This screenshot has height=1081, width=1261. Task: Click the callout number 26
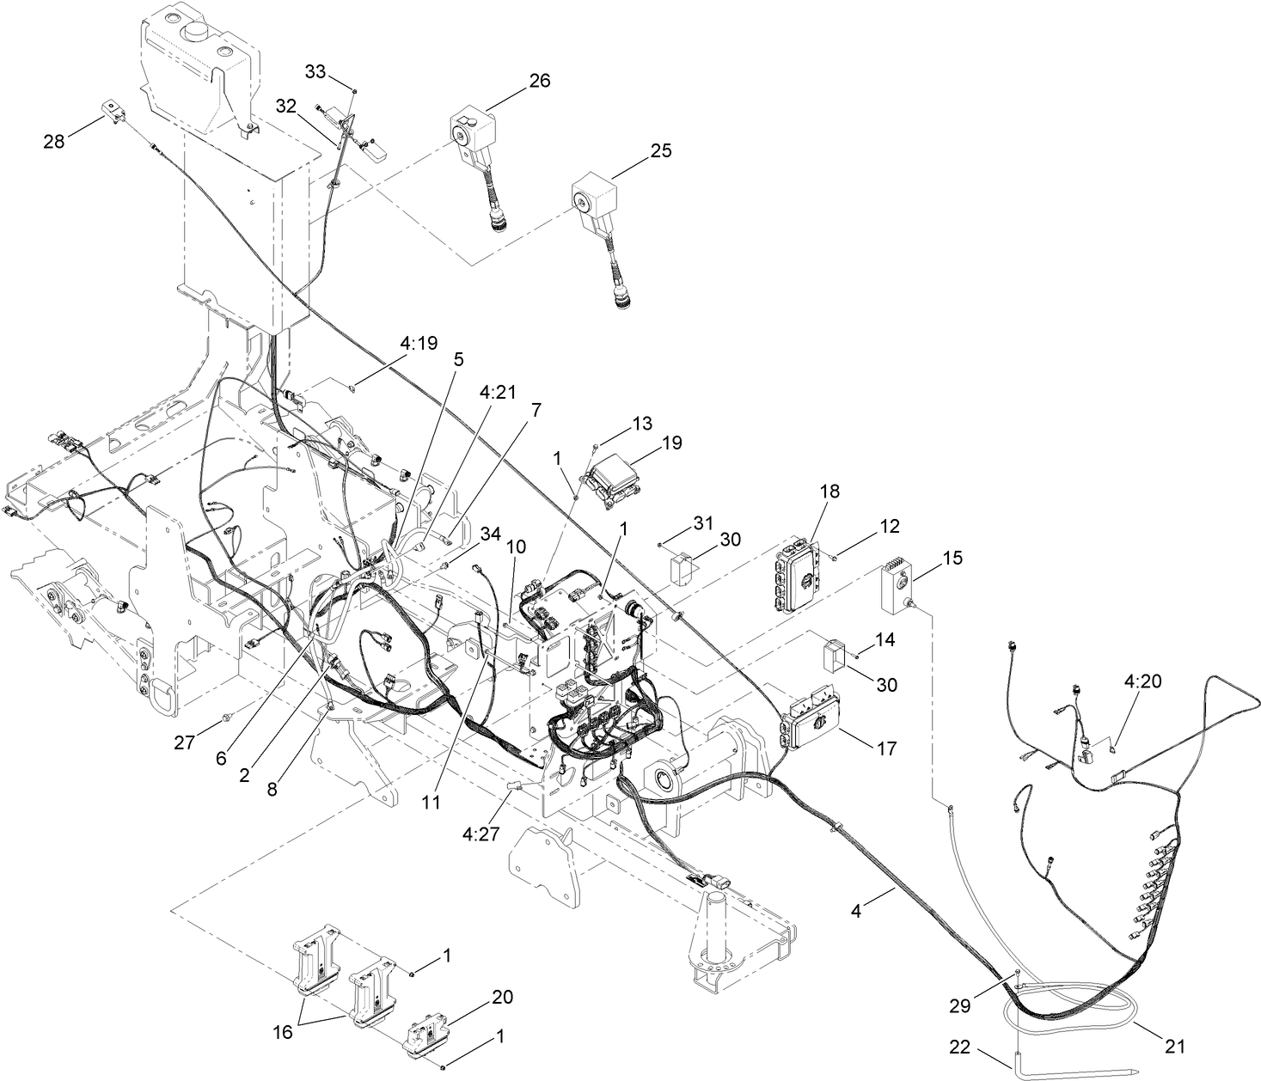(539, 81)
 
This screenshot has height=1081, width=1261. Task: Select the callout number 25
(661, 150)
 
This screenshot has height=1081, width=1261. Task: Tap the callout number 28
(54, 142)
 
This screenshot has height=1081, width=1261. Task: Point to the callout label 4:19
(418, 344)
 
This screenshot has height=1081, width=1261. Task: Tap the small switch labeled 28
(113, 112)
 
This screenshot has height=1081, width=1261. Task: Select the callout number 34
(490, 534)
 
